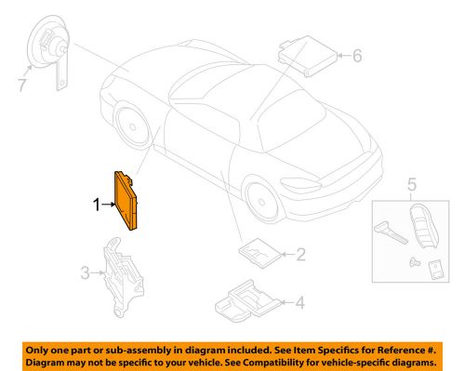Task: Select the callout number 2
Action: pos(299,253)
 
